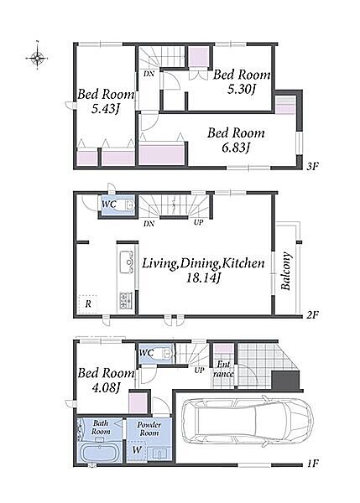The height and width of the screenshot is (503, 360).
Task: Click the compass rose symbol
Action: pyautogui.click(x=38, y=58)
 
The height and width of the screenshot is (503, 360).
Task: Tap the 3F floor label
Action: pyautogui.click(x=312, y=166)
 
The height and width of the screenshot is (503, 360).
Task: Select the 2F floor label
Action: pyautogui.click(x=312, y=314)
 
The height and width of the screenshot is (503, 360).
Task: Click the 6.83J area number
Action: pyautogui.click(x=236, y=148)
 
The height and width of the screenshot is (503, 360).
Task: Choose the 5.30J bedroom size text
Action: pyautogui.click(x=241, y=89)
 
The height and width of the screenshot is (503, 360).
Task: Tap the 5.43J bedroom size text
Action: pyautogui.click(x=106, y=109)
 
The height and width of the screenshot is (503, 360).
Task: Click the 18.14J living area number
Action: pyautogui.click(x=203, y=277)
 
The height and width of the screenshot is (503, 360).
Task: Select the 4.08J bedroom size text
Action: pyautogui.click(x=106, y=388)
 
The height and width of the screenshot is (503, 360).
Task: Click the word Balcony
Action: pyautogui.click(x=286, y=271)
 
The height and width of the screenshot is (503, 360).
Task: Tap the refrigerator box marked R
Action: pyautogui.click(x=87, y=303)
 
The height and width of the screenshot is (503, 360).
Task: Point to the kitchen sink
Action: pyautogui.click(x=127, y=262)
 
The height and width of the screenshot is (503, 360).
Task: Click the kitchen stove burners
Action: pyautogui.click(x=126, y=300)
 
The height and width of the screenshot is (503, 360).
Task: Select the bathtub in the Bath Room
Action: pyautogui.click(x=99, y=453)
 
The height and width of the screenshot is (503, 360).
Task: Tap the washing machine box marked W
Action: pyautogui.click(x=137, y=450)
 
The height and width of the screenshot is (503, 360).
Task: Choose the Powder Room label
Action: pyautogui.click(x=149, y=428)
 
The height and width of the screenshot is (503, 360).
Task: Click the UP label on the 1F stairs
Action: pyautogui.click(x=199, y=370)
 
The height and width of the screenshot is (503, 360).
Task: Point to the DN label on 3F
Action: pyautogui.click(x=149, y=74)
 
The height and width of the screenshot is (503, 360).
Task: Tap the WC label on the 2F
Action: pyautogui.click(x=109, y=204)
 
